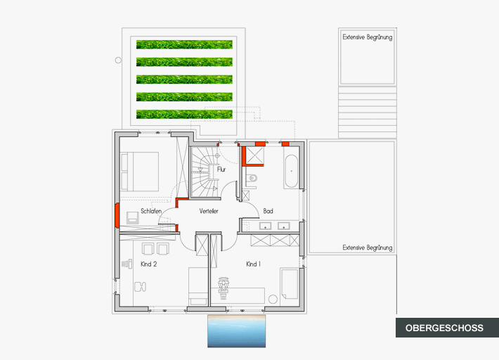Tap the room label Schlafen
coord(151,211)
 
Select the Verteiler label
coord(209,211)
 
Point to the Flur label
coord(221,169)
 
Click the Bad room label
coord(268,211)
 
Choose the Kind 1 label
coord(253,264)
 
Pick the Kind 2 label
coord(148,264)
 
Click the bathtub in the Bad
coord(291,172)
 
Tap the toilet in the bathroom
coord(252,179)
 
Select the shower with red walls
coord(253,156)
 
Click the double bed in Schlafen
coord(139,172)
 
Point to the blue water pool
coord(236,331)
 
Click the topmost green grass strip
coord(184,44)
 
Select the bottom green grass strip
coord(184,114)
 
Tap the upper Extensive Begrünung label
coord(368,37)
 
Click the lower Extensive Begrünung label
coord(368,247)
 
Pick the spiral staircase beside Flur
coord(204,172)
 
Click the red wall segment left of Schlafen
coord(117,215)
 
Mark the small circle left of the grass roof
coord(118,60)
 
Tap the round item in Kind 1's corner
coord(273,300)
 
